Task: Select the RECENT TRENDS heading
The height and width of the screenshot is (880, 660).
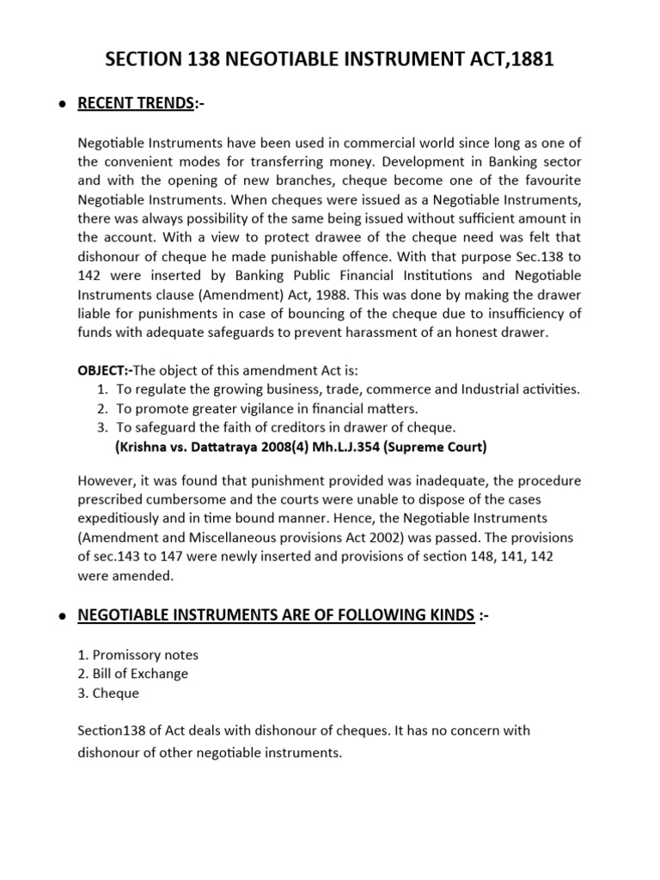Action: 135,104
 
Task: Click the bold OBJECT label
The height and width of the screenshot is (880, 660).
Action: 102,370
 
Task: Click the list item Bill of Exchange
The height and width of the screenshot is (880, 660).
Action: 132,674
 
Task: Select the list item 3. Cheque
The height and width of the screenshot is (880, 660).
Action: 108,693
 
